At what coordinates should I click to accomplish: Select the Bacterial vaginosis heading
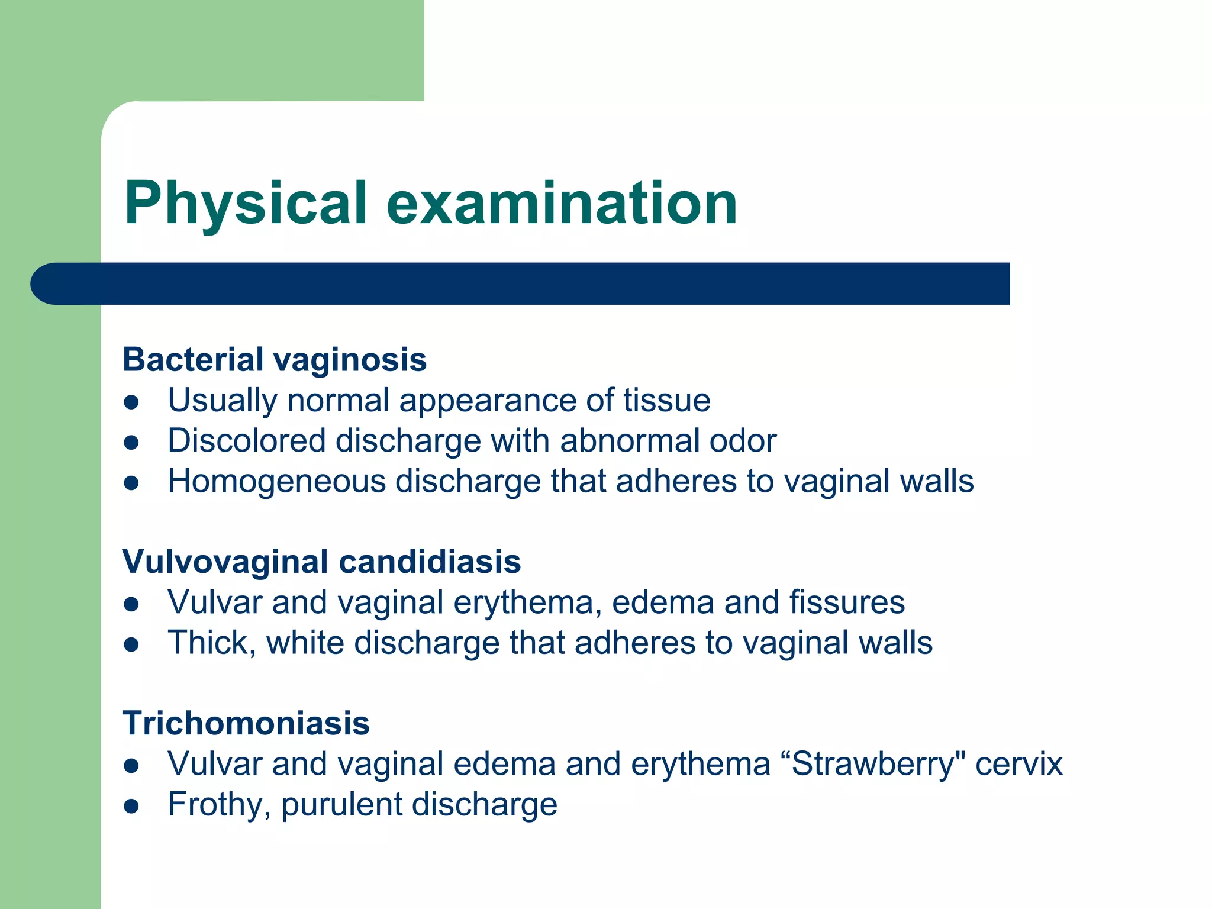(274, 360)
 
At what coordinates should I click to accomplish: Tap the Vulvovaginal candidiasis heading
(321, 562)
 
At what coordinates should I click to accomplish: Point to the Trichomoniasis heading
(246, 723)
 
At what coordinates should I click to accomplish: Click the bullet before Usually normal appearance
(131, 402)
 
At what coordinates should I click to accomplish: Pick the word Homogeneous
(276, 481)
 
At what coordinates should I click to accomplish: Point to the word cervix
(1018, 764)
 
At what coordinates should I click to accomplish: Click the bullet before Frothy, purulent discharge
(131, 806)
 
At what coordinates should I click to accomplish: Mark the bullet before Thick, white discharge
(131, 644)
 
